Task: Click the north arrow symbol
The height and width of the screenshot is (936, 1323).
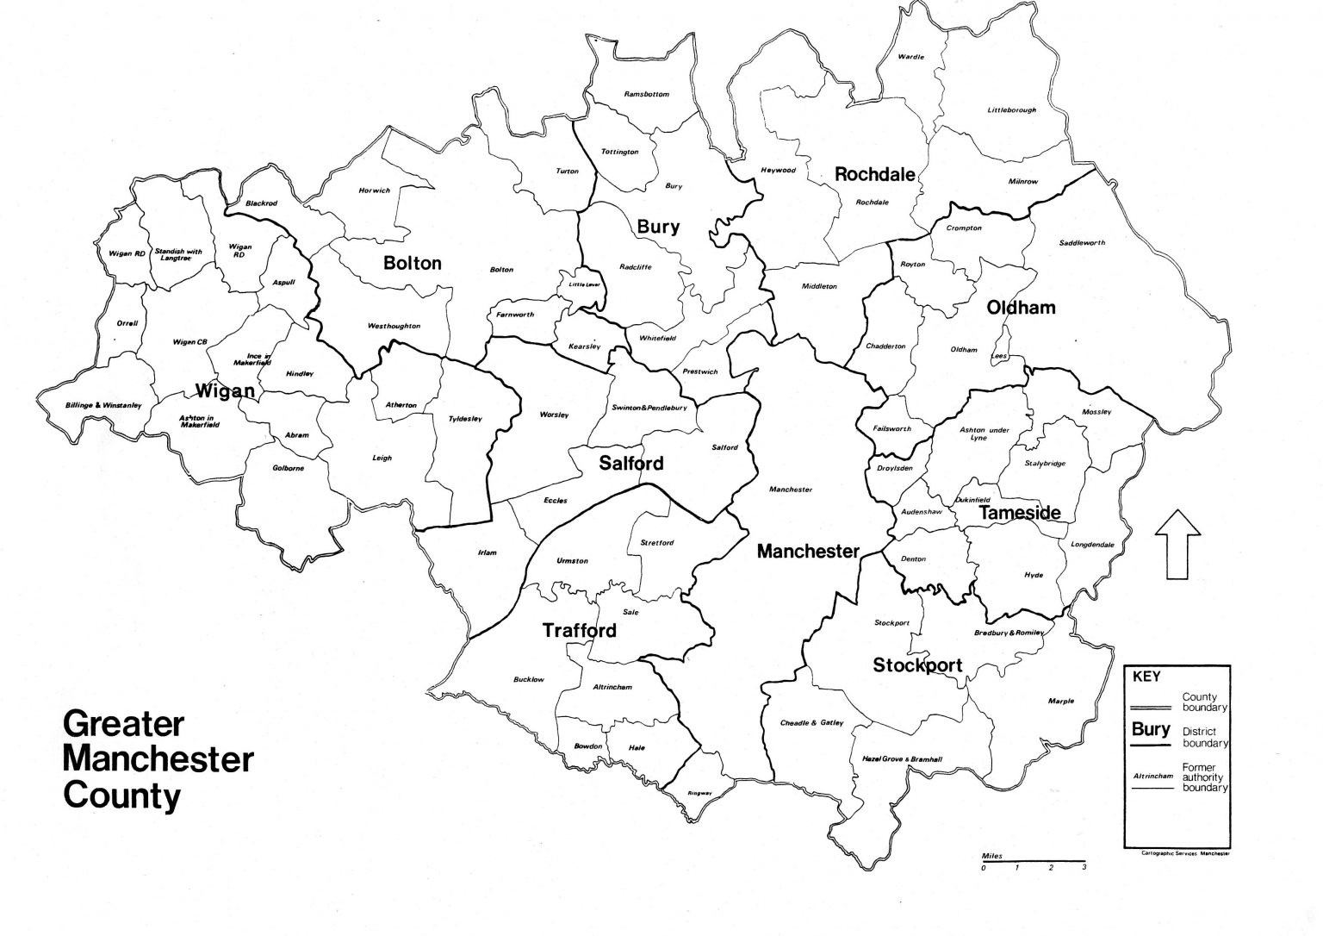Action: click(1177, 544)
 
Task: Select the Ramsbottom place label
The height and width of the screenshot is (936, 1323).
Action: click(646, 94)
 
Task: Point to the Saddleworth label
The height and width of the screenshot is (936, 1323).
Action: click(1081, 243)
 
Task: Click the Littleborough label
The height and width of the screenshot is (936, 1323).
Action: click(1011, 110)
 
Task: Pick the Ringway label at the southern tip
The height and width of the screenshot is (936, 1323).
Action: click(699, 794)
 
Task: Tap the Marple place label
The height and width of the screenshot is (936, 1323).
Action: click(1061, 701)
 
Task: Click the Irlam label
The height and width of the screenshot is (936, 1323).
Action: click(487, 552)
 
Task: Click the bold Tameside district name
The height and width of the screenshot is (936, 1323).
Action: click(1019, 513)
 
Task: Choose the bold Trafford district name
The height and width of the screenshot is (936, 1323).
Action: click(579, 630)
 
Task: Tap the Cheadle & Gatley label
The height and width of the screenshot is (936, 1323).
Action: click(811, 722)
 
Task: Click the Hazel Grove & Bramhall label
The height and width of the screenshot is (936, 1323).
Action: click(902, 758)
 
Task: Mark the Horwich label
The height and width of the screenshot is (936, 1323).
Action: click(374, 190)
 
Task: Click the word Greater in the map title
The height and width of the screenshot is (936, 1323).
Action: click(123, 723)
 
